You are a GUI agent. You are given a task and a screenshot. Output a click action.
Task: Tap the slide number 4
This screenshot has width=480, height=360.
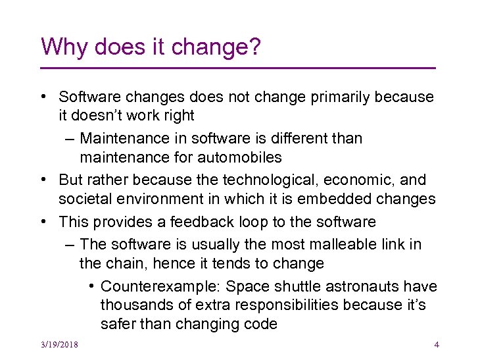[x=437, y=345]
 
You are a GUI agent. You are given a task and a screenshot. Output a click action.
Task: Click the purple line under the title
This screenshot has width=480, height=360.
[x=238, y=68]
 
